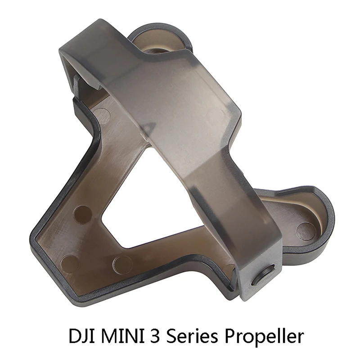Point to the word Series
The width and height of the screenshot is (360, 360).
[188, 336]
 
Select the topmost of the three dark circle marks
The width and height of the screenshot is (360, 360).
[83, 214]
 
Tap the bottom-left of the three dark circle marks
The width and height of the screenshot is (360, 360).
[69, 263]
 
